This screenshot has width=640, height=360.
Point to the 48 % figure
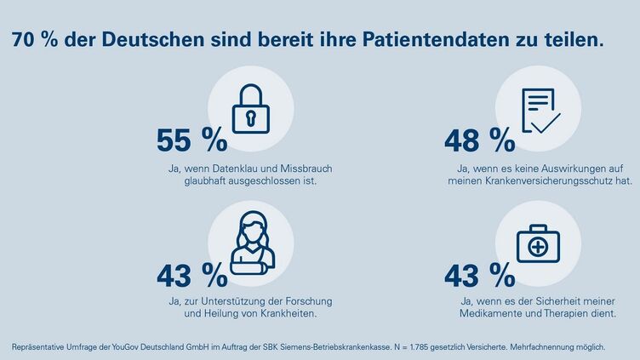[479, 140]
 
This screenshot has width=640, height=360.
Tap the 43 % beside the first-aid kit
[479, 275]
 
